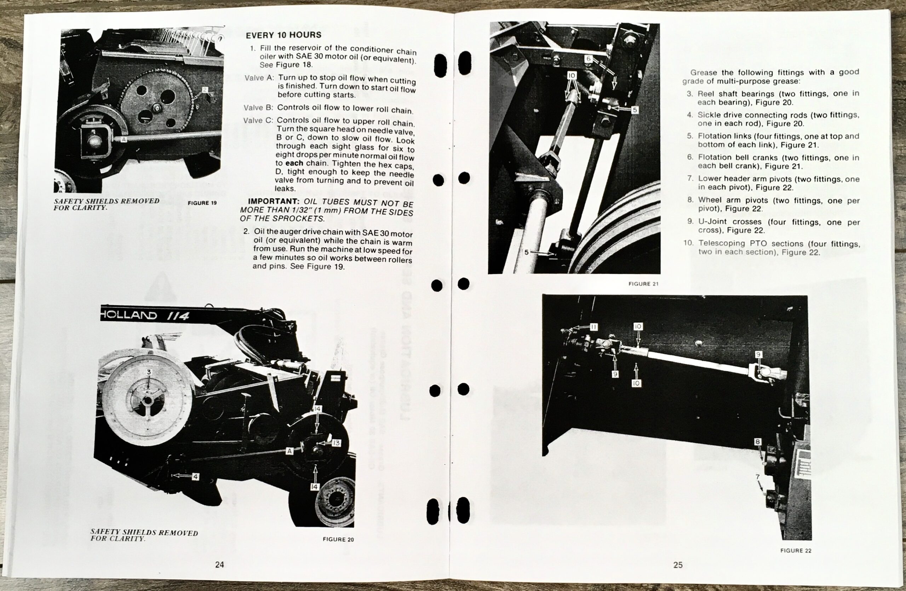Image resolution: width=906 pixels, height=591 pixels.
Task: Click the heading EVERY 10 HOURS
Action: pos(283,35)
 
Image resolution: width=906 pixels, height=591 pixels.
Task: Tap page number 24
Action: pos(219,564)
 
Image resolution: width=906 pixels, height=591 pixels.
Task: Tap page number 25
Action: pos(678,565)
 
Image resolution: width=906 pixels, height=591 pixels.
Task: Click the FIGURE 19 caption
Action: pos(202,203)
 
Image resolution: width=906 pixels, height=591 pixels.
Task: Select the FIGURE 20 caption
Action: pos(338,539)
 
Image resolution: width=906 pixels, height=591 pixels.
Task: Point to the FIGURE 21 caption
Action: pos(643,284)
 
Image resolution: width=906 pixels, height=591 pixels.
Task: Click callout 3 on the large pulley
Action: pos(149,372)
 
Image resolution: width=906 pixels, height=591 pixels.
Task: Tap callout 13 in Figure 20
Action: pos(336,443)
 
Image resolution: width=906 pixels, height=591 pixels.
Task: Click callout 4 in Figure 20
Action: pos(195,476)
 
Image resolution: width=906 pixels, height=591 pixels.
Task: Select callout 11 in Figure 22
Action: pos(594,327)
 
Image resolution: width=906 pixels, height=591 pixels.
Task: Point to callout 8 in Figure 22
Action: pos(758,441)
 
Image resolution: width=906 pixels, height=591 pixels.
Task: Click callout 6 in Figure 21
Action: pos(589,59)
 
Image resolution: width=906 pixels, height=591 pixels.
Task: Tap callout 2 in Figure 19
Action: pos(205,90)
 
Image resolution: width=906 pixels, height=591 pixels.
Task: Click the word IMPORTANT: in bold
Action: pos(273,201)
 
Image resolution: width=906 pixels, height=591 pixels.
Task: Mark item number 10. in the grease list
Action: pos(689,243)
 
